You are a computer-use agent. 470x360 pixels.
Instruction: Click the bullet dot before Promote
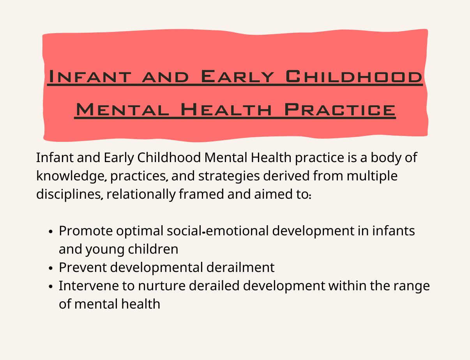(x=51, y=232)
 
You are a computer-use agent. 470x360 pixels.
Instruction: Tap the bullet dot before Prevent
(x=51, y=268)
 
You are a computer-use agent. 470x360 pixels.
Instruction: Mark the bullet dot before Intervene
(x=51, y=287)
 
